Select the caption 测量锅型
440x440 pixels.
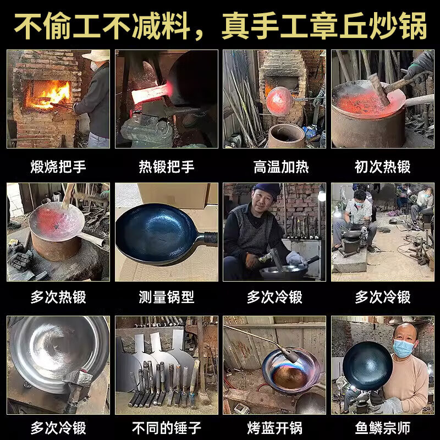[x=166, y=297]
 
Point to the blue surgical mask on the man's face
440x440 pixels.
[x=403, y=347]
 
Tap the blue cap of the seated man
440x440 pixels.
[x=268, y=190]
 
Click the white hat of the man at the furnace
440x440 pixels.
[x=96, y=55]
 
